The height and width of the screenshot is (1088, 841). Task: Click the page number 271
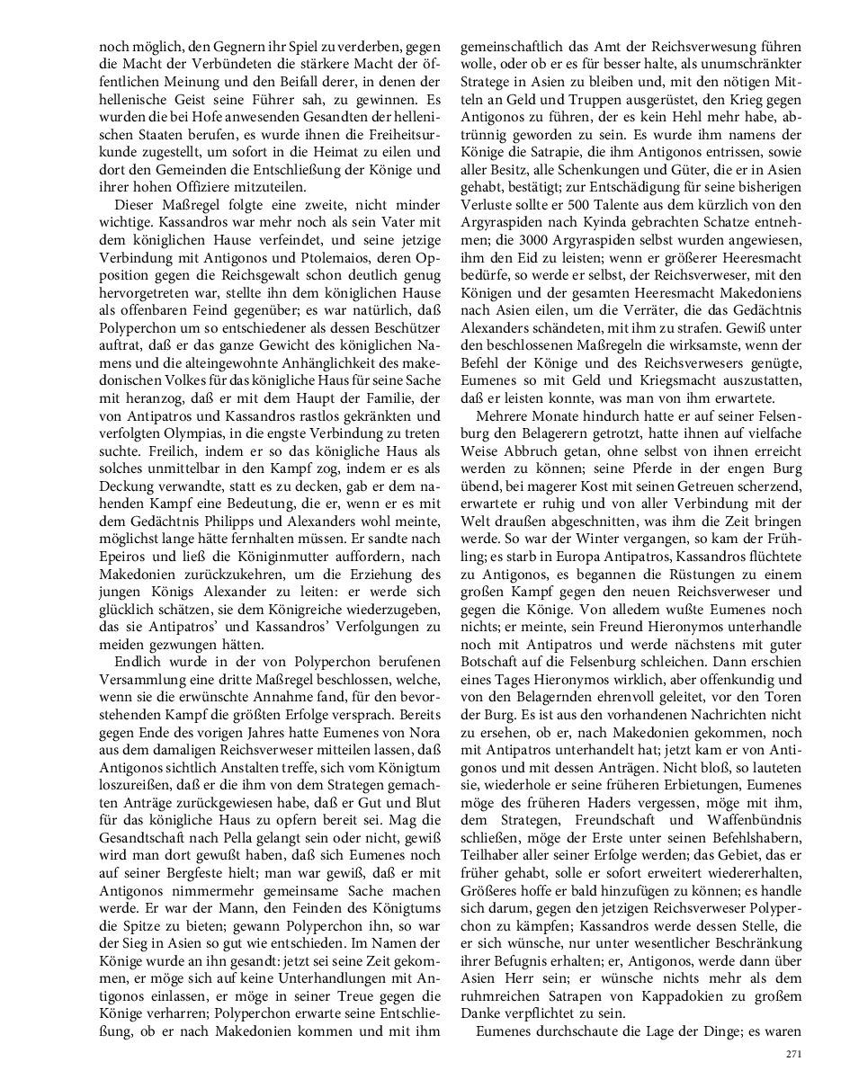tap(792, 1054)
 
